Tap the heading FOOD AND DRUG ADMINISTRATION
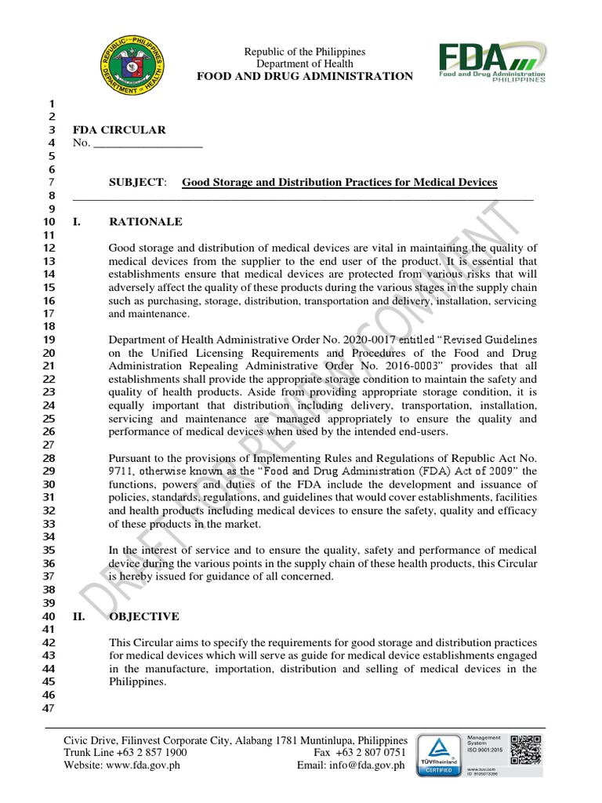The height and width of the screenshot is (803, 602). pyautogui.click(x=305, y=76)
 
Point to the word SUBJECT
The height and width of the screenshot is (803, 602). pyautogui.click(x=137, y=183)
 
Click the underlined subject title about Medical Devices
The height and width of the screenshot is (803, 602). pyautogui.click(x=339, y=183)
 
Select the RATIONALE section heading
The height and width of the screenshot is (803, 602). pyautogui.click(x=146, y=222)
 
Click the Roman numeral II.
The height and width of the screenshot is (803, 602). pyautogui.click(x=78, y=616)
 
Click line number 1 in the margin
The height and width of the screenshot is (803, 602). pyautogui.click(x=53, y=104)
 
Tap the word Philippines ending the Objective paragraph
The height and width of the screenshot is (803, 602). pyautogui.click(x=138, y=681)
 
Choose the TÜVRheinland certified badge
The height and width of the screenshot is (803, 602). pyautogui.click(x=439, y=756)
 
